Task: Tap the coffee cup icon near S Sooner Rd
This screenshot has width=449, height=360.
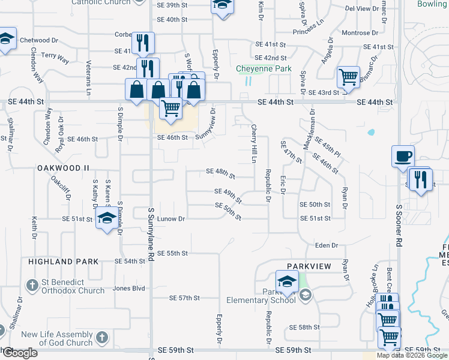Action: pyautogui.click(x=403, y=156)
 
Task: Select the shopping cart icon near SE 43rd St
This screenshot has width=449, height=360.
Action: pyautogui.click(x=348, y=76)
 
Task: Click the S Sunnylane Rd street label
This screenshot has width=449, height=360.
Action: pyautogui.click(x=150, y=235)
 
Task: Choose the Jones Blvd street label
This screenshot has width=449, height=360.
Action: pyautogui.click(x=130, y=288)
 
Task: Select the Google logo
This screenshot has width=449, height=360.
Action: pyautogui.click(x=19, y=353)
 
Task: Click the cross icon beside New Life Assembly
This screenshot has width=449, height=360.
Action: pyautogui.click(x=102, y=337)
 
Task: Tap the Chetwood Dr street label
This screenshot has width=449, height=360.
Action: pyautogui.click(x=38, y=40)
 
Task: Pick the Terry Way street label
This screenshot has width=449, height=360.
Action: pyautogui.click(x=55, y=58)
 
